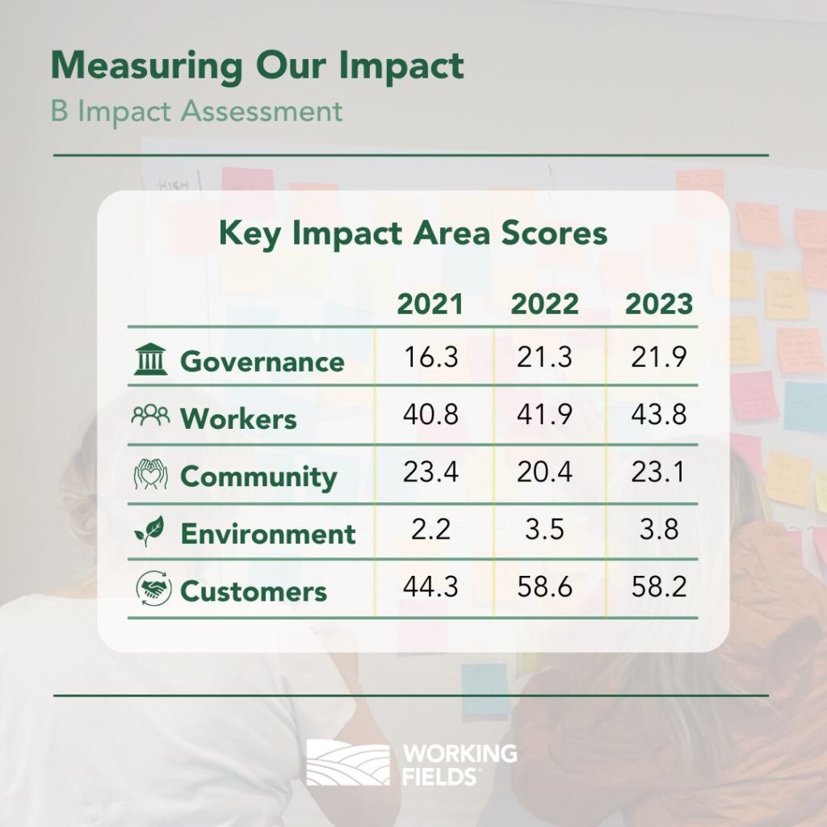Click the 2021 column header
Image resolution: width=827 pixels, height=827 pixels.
[430, 304]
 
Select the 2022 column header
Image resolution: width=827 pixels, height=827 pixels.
[544, 304]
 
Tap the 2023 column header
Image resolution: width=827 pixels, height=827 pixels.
[659, 304]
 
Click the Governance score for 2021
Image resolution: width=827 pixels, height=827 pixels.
[431, 357]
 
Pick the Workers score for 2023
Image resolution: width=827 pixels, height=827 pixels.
[659, 414]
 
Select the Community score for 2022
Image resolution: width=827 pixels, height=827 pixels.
[544, 472]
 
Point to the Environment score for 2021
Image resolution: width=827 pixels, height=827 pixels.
[431, 529]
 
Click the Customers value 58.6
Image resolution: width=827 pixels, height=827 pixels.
[544, 586]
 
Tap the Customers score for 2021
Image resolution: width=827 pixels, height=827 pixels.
[431, 586]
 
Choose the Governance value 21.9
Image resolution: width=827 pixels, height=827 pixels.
[659, 357]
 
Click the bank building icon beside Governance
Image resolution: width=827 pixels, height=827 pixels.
[150, 359]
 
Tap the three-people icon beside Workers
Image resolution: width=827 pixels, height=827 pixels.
[151, 415]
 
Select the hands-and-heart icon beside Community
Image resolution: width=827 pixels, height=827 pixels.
[151, 473]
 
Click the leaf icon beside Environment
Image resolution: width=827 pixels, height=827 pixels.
[149, 531]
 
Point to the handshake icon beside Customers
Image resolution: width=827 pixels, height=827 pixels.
[153, 588]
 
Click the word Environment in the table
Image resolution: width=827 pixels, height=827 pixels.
[268, 534]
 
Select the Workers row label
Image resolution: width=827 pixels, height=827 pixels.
[238, 419]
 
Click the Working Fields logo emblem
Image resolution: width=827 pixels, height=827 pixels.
[348, 762]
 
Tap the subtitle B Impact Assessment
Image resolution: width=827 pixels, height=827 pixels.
[197, 111]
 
